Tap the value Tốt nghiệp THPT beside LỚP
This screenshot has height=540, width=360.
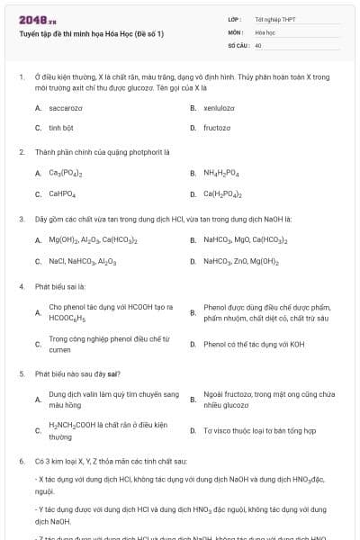click(274, 18)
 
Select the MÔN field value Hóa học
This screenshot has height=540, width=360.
click(265, 31)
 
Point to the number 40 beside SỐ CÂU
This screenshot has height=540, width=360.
click(258, 44)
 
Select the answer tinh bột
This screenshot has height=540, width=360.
click(61, 128)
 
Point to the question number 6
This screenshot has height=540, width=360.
click(21, 460)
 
